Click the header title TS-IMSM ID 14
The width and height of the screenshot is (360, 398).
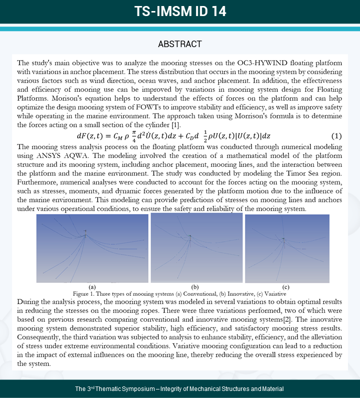click(180, 12)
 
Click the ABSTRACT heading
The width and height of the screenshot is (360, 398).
click(180, 44)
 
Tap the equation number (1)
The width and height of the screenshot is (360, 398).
click(336, 136)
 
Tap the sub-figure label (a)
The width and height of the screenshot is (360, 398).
click(92, 286)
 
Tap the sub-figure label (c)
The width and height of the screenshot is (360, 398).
click(286, 286)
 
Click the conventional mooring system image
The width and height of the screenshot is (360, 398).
click(92, 249)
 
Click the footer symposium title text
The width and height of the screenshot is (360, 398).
click(179, 389)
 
